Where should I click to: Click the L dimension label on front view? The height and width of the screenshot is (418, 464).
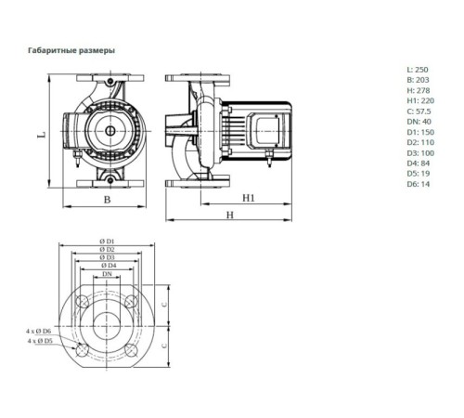[x=42, y=135]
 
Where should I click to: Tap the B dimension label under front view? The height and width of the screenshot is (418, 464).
[x=107, y=199]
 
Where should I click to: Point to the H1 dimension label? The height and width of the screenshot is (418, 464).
[x=249, y=199]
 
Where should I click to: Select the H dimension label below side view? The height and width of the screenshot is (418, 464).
[x=228, y=215]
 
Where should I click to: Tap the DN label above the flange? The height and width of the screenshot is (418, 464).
[x=108, y=276]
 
